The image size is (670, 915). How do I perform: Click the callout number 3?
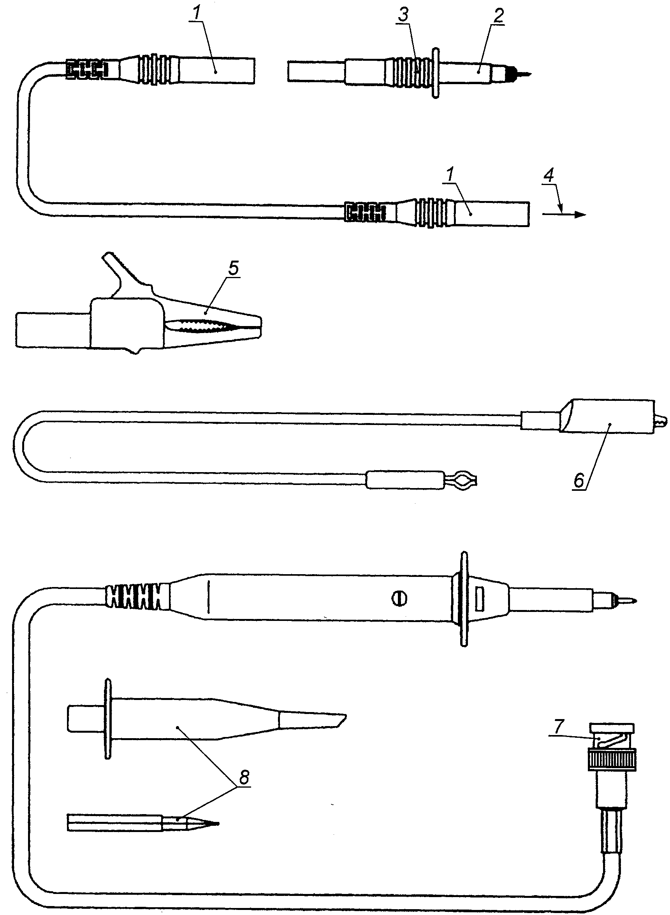pyautogui.click(x=403, y=15)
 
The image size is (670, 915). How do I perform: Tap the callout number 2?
pyautogui.click(x=499, y=16)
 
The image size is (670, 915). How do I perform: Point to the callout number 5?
pyautogui.click(x=234, y=268)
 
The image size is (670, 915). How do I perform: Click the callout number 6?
pyautogui.click(x=579, y=481)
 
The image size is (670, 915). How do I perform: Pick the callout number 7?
pyautogui.click(x=559, y=726)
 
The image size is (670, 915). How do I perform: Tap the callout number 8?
pyautogui.click(x=244, y=777)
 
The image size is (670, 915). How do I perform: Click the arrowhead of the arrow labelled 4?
pyautogui.click(x=580, y=214)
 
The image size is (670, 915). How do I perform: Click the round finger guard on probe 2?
pyautogui.click(x=436, y=74)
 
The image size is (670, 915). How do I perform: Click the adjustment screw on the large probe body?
pyautogui.click(x=399, y=599)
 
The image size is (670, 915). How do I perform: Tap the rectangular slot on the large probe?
pyautogui.click(x=480, y=599)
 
